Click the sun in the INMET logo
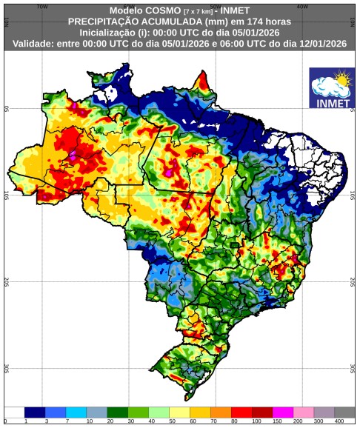coord(341,77)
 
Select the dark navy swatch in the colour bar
coord(34,412)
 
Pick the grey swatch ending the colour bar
coord(344,412)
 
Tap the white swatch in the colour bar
coord(13,412)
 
